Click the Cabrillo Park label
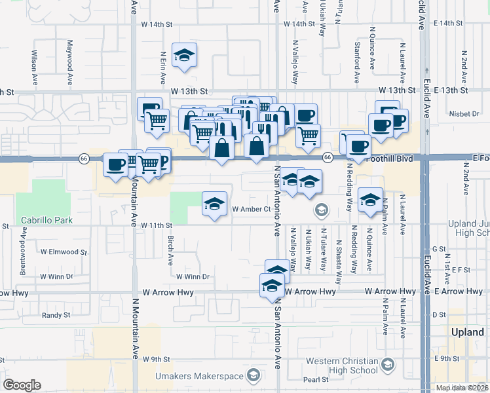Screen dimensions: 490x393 tap(46, 221)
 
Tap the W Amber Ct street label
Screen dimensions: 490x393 tap(252, 209)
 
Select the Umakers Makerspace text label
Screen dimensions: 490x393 tap(199, 376)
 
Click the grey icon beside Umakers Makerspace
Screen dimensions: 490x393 tap(254, 376)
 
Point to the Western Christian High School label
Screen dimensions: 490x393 tap(341, 365)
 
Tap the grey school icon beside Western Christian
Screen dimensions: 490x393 tap(388, 364)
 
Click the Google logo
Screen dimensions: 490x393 tap(22, 384)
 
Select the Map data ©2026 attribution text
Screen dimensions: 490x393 tap(462, 388)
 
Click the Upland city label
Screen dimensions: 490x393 tap(468, 332)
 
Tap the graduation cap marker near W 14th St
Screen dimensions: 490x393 tap(184, 57)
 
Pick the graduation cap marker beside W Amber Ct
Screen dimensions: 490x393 tap(214, 206)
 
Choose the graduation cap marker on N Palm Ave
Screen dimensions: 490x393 tap(370, 201)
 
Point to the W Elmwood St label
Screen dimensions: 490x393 tap(64, 252)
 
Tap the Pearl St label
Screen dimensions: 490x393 tap(315, 379)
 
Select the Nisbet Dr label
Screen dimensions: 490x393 tap(465, 113)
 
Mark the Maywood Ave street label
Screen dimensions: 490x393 tap(69, 64)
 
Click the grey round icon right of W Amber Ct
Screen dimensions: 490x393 tap(321, 210)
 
